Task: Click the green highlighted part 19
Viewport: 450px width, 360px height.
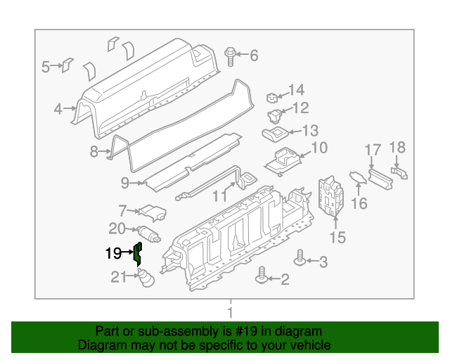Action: (139, 252)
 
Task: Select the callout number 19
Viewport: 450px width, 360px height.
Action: (113, 254)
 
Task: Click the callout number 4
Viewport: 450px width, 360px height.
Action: (58, 109)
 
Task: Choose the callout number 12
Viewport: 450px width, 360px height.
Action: (300, 108)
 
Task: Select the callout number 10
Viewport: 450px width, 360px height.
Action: (319, 148)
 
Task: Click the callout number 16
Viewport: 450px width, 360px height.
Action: (359, 204)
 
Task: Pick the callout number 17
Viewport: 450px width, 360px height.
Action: (373, 149)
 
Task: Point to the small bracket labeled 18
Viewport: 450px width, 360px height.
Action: (400, 171)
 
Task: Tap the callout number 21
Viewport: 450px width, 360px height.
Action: (118, 278)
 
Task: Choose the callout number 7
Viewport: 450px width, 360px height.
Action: (122, 210)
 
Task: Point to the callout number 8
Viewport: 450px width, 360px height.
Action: (94, 151)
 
